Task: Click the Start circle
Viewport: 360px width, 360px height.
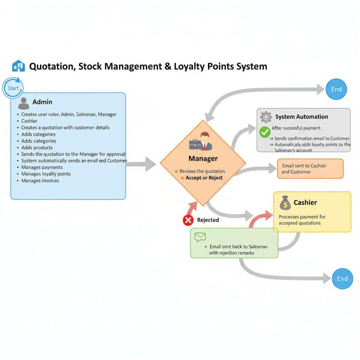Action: [13, 88]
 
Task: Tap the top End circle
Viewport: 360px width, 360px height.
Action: [336, 89]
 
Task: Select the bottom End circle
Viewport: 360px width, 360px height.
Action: [342, 279]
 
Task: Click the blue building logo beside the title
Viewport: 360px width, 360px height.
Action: [19, 66]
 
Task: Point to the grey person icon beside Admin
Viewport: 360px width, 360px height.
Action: [24, 103]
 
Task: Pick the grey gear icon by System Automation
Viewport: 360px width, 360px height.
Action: [266, 117]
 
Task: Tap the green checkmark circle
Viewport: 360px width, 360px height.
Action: [265, 132]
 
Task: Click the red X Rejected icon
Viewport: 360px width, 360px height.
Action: [188, 220]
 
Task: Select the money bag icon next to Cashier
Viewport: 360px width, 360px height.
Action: [285, 203]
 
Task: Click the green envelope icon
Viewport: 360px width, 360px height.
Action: [200, 237]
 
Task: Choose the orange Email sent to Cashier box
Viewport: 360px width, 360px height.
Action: [310, 169]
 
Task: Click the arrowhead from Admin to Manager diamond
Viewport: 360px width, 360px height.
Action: [151, 164]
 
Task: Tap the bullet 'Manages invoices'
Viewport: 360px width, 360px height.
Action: [40, 181]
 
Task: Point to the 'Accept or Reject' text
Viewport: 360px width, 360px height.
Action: [204, 178]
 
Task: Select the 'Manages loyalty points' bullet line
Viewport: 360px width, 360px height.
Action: [46, 174]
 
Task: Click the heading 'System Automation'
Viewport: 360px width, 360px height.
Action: [302, 117]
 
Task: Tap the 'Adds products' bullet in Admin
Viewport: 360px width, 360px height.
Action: [37, 148]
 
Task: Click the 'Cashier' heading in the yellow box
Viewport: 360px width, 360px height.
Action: [305, 202]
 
